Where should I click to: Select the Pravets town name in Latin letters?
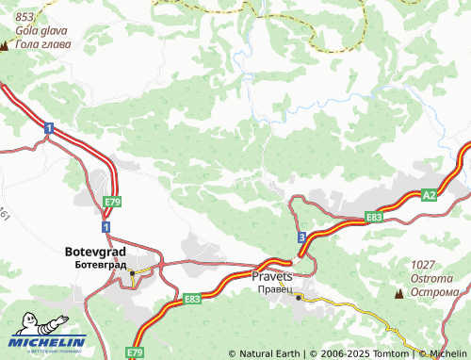[x=272, y=276]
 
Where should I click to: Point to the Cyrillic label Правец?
[x=272, y=289]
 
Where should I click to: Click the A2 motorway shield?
[x=430, y=195]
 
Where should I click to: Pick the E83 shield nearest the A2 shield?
[x=373, y=217]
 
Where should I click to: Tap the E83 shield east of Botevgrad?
[x=192, y=299]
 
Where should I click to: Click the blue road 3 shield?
[x=300, y=238]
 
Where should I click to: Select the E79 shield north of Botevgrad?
[x=112, y=202]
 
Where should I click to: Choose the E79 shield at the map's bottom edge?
[x=136, y=352]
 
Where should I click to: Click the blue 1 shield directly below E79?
[x=106, y=227]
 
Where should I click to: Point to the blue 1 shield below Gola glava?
[x=47, y=128]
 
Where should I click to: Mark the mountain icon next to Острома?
[x=399, y=293]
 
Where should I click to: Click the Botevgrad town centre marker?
[x=133, y=273]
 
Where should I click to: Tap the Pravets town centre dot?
[x=299, y=297]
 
